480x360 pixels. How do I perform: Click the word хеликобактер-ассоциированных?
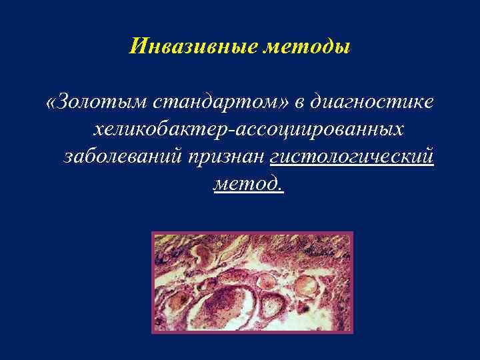pos(250,129)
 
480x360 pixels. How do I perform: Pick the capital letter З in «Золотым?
pos(63,103)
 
